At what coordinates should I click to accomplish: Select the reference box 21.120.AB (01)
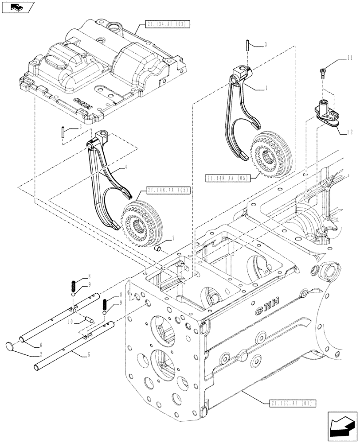[292, 403]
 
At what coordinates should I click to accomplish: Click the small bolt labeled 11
[323, 72]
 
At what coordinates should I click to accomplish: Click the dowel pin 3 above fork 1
[246, 45]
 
